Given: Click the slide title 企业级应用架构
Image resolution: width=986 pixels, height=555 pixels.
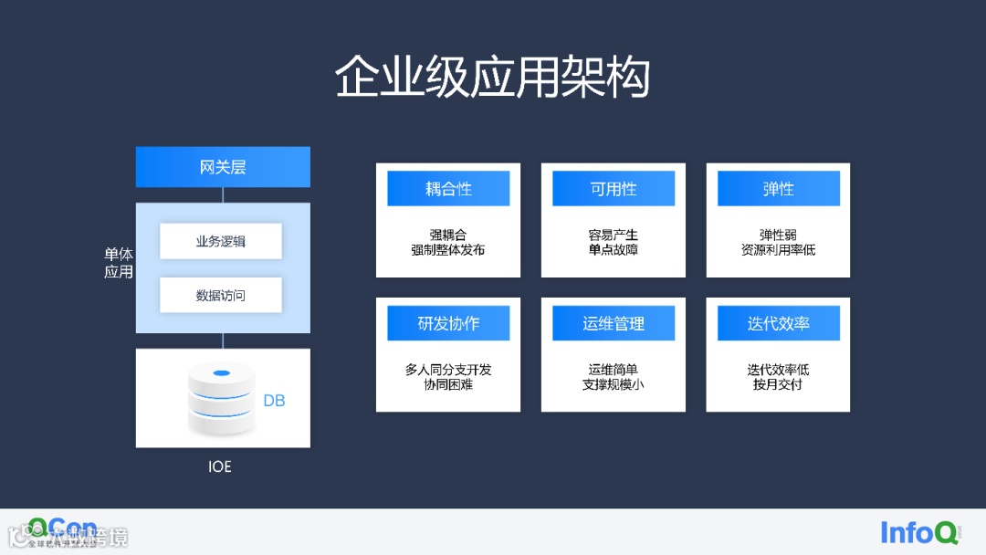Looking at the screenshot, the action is (x=492, y=78).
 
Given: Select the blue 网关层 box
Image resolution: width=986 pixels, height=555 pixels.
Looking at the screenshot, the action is (x=223, y=167).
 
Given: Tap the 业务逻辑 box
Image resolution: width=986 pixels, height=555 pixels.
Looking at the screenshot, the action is (x=221, y=241).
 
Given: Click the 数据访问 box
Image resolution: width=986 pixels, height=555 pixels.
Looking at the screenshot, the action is (x=221, y=295).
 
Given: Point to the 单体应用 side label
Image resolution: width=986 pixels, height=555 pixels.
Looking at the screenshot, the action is (x=119, y=263).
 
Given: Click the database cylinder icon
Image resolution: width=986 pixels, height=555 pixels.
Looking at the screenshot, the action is (x=220, y=398).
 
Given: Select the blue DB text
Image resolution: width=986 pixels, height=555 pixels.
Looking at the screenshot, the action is (x=274, y=401).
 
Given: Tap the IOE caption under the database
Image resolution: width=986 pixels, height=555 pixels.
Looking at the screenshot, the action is (x=220, y=466).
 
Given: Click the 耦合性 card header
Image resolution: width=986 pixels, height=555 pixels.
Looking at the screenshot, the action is (x=448, y=189).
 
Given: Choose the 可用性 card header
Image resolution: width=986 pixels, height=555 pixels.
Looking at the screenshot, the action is (x=614, y=189).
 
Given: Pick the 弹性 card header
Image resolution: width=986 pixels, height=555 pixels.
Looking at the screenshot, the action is (x=779, y=189).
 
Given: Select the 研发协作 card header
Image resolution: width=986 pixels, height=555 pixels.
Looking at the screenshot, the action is (x=448, y=323).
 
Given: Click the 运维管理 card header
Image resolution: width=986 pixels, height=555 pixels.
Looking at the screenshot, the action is (x=614, y=323).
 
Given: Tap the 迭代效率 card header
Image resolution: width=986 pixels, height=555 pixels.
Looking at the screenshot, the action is (x=779, y=323).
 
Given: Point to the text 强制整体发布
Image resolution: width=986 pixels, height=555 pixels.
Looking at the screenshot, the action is (x=448, y=249).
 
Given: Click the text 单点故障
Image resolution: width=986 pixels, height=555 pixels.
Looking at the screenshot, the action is (x=614, y=249).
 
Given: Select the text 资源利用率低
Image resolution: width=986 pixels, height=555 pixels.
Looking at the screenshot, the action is (x=779, y=249).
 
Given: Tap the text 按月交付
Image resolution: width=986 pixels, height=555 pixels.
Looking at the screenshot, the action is (x=779, y=384).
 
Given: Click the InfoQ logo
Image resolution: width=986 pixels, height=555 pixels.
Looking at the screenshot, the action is (x=919, y=532).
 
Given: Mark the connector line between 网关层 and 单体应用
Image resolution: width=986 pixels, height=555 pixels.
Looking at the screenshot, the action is (x=223, y=194).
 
